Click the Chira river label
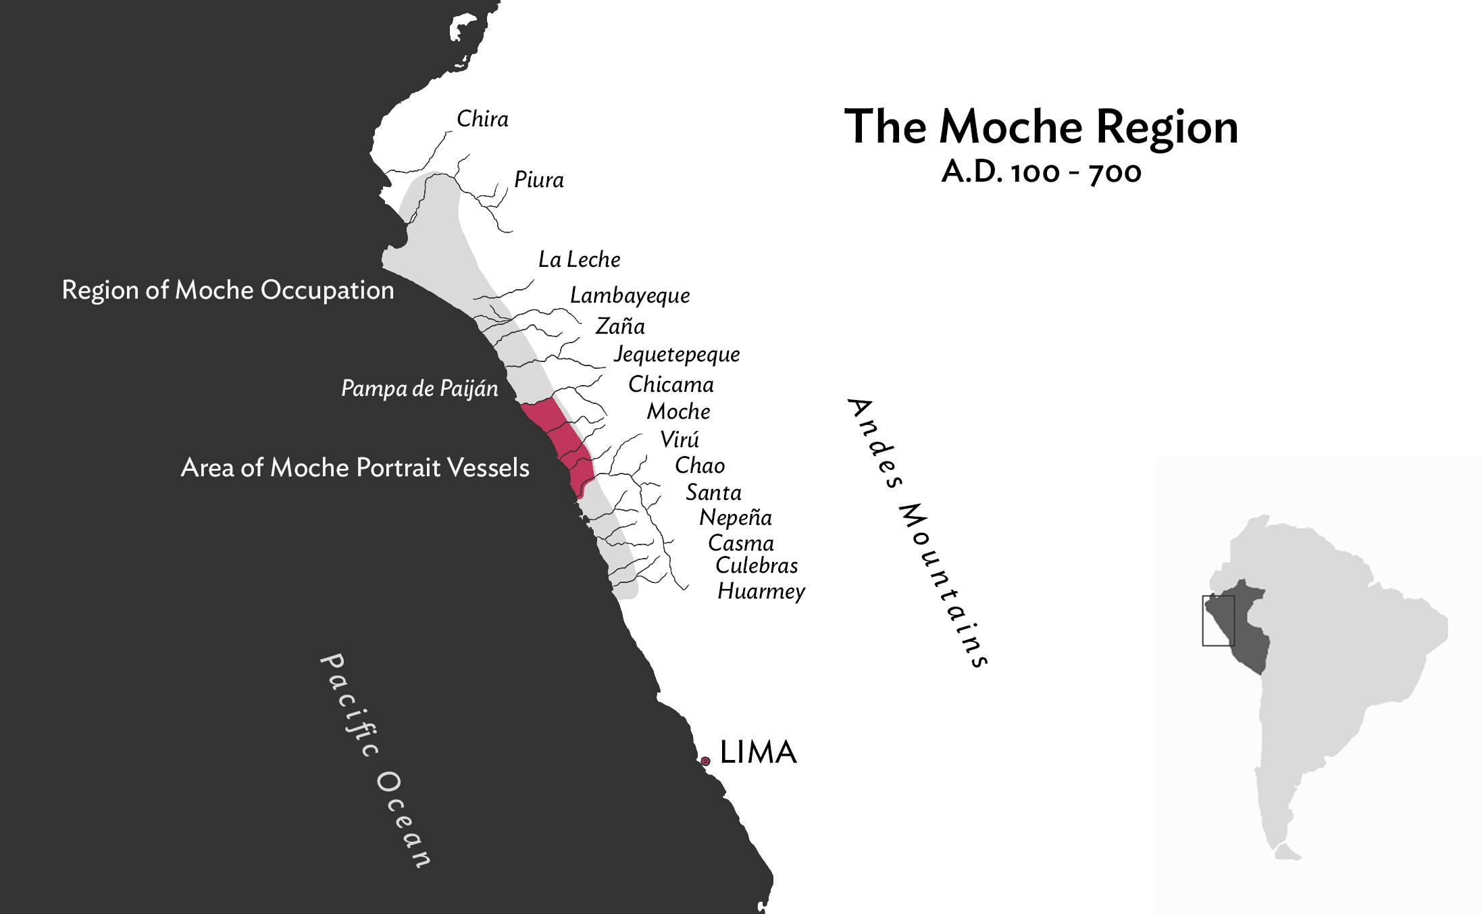pyautogui.click(x=482, y=120)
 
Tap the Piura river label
pyautogui.click(x=538, y=180)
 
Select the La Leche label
pyautogui.click(x=579, y=259)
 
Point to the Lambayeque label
pyautogui.click(x=630, y=296)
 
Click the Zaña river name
pyautogui.click(x=620, y=326)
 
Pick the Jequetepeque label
pyautogui.click(x=676, y=355)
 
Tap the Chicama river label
pyautogui.click(x=671, y=384)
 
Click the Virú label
pyautogui.click(x=680, y=440)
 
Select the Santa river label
pyautogui.click(x=713, y=492)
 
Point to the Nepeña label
pyautogui.click(x=735, y=517)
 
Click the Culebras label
pyautogui.click(x=757, y=565)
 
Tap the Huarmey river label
pyautogui.click(x=761, y=592)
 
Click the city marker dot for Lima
pyautogui.click(x=705, y=761)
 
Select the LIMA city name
pyautogui.click(x=758, y=753)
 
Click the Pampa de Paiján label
pyautogui.click(x=419, y=388)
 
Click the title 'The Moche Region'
pyautogui.click(x=1041, y=127)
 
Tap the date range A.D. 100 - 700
pyautogui.click(x=1041, y=173)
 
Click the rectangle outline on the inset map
pyautogui.click(x=1203, y=621)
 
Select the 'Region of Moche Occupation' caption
pyautogui.click(x=228, y=290)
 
